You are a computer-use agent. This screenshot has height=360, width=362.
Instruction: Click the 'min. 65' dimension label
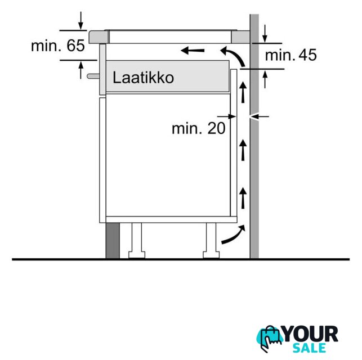point(58,46)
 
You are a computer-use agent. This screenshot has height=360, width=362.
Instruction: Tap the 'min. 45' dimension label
point(291,55)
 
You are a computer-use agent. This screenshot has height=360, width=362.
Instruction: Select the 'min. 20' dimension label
point(198,128)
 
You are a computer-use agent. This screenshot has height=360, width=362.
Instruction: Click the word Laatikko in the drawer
point(143,78)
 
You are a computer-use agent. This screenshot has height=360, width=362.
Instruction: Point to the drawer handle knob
point(93,76)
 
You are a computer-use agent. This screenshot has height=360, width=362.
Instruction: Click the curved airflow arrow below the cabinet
point(233,235)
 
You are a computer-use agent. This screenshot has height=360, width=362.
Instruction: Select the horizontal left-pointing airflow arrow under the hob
point(193,50)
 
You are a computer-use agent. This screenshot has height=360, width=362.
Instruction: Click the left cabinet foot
point(137,241)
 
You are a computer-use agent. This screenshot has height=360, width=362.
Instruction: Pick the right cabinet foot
point(211,241)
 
